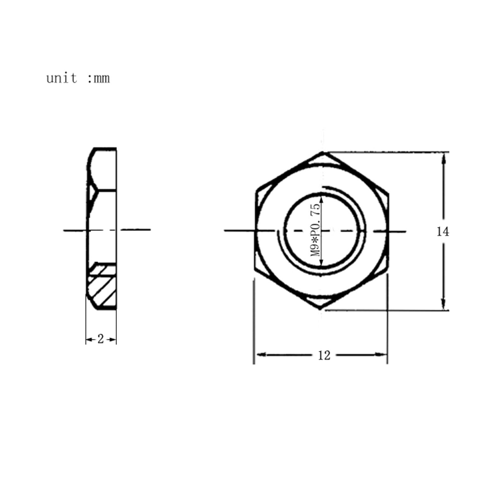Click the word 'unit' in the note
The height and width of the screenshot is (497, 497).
pos(62,78)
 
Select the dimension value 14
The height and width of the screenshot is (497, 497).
pos(443,232)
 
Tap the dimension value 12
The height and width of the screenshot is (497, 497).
pos(324,355)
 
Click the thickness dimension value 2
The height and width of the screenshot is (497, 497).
pos(100,339)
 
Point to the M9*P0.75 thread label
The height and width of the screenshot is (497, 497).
pos(315,230)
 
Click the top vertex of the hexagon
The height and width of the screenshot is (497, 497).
pos(322,152)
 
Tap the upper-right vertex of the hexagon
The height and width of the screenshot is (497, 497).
pos(388,194)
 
